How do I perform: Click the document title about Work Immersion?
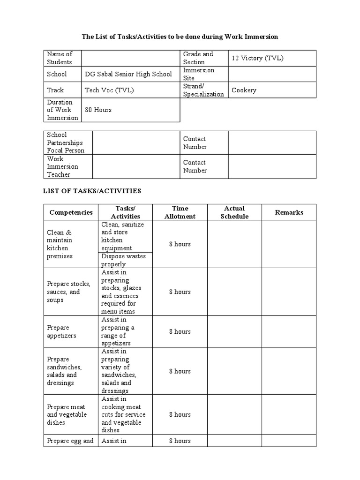(x=180, y=37)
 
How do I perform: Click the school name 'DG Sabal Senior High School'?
(x=128, y=74)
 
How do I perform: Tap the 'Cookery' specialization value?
(x=244, y=90)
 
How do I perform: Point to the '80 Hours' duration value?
(x=98, y=110)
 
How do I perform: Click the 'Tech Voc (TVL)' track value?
(x=109, y=90)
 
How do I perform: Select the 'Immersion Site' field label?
(x=199, y=74)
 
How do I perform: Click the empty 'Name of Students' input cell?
(x=131, y=58)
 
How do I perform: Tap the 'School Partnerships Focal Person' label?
(x=66, y=142)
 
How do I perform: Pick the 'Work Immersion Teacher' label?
(x=62, y=166)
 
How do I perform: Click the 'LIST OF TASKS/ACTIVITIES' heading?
(x=92, y=191)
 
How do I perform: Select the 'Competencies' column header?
(x=71, y=212)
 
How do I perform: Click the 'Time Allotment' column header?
(x=180, y=212)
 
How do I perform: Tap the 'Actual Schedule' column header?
(x=234, y=212)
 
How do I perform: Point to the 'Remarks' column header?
(x=289, y=212)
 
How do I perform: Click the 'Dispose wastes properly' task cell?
(x=123, y=260)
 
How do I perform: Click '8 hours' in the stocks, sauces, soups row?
(x=180, y=292)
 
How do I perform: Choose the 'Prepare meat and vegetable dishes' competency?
(x=66, y=414)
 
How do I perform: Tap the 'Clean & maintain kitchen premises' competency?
(x=60, y=244)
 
